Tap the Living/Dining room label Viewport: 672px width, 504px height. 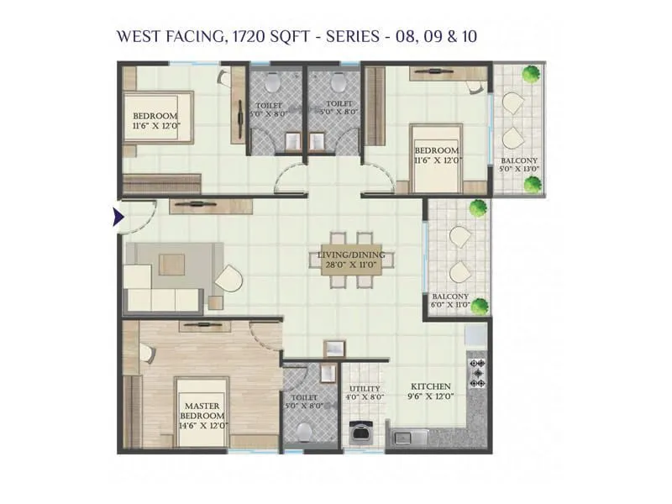[351, 260]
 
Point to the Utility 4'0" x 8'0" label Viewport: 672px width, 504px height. [365, 392]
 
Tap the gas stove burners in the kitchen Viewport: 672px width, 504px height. [478, 372]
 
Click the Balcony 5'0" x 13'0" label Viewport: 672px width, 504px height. [520, 165]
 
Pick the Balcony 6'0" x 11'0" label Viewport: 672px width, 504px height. [450, 301]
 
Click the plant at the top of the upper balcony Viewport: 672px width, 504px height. [530, 74]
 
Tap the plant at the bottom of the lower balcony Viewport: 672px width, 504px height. [480, 306]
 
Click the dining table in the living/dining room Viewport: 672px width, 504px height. [351, 260]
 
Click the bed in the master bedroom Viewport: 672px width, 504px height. [202, 412]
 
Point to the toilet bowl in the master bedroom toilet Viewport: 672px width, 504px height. [304, 432]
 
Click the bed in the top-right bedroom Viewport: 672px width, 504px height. [435, 158]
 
